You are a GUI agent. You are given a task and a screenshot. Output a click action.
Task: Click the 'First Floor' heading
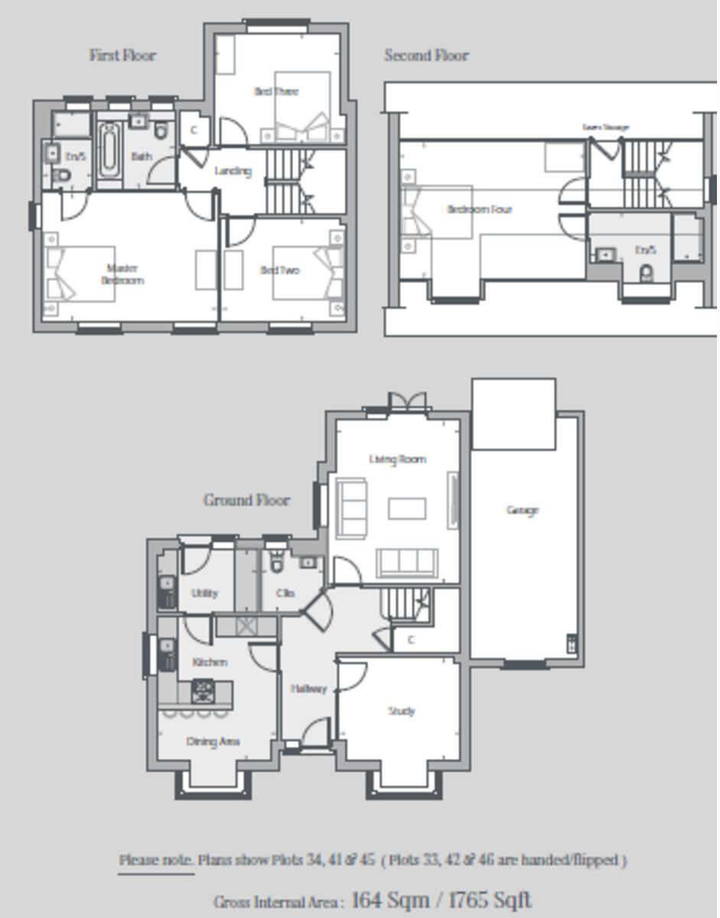pos(122,55)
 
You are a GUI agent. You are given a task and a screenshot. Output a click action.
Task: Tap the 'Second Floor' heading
pos(426,55)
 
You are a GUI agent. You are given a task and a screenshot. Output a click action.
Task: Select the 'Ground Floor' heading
pos(246,500)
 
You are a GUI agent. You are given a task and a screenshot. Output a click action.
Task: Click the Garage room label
pos(523,510)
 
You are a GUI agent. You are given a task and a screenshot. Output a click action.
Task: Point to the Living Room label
pos(397,459)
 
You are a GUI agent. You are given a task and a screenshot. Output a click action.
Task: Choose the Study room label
pos(401,711)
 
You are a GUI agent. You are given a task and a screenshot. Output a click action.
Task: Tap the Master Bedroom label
pos(122,274)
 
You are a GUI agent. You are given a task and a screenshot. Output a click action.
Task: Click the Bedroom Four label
pos(479,209)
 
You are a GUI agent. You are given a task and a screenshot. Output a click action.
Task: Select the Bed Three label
pos(276,91)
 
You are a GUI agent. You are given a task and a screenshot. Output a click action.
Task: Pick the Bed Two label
pos(279,270)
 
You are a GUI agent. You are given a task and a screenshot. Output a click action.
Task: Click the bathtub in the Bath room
pos(108,151)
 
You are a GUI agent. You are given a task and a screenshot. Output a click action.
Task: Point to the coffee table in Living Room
pos(406,508)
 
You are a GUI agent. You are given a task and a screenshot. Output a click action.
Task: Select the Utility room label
pos(204,593)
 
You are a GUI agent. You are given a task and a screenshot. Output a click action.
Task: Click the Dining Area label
pos(213,741)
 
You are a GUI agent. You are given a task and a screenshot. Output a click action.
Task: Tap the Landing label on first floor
pos(233,171)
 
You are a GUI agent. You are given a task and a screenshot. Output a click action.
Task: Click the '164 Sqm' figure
pos(390,900)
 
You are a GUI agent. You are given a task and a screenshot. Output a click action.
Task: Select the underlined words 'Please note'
pos(156,860)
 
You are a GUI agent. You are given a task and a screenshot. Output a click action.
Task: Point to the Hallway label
pos(308,688)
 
